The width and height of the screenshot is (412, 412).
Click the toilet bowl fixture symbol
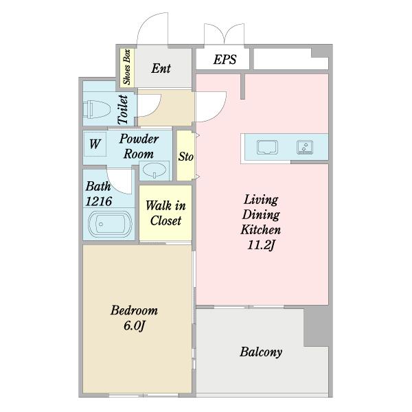[x=96, y=109]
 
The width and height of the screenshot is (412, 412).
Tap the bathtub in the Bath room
[x=110, y=224]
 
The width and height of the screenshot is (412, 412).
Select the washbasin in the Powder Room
[x=154, y=170]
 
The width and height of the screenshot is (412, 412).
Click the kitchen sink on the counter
[x=268, y=147]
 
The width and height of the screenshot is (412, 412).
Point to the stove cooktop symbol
[x=305, y=147]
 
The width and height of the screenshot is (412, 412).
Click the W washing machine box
[x=95, y=144]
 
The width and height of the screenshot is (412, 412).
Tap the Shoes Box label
[x=127, y=67]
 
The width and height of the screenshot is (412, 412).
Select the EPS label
[x=225, y=59]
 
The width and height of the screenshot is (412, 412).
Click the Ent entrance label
[x=161, y=69]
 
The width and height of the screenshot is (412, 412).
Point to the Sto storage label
[x=186, y=157]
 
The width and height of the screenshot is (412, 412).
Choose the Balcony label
[x=261, y=352]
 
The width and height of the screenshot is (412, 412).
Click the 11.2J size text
[x=261, y=245]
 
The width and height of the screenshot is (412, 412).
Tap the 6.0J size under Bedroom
[x=135, y=326]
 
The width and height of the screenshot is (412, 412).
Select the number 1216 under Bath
[x=99, y=201]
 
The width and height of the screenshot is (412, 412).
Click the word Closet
[x=165, y=220]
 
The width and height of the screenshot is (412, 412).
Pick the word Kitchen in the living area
[x=261, y=229]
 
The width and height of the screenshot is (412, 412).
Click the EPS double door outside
[x=225, y=34]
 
